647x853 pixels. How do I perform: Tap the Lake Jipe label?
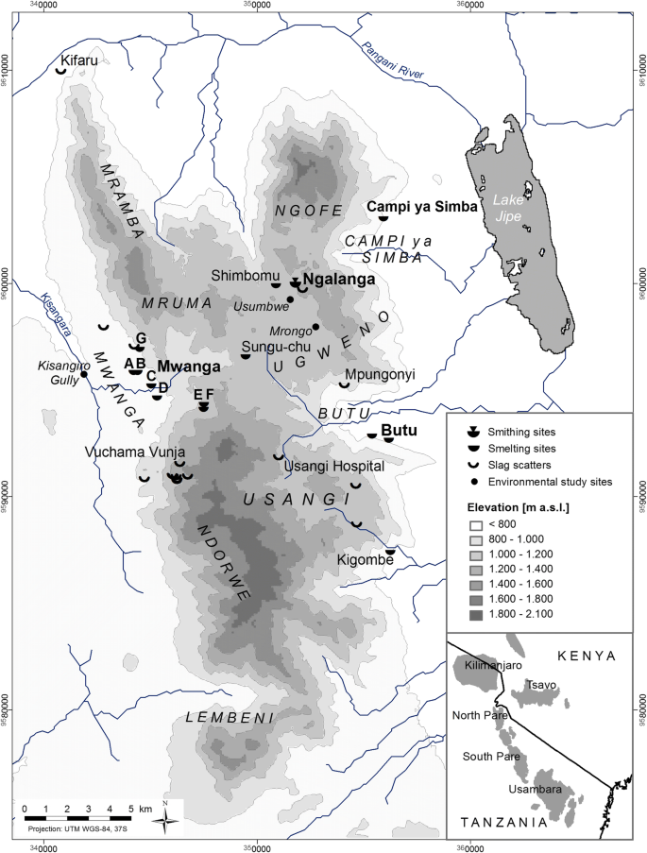509,208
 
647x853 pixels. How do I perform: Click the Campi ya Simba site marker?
383,218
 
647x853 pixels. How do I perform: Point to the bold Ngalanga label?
340,280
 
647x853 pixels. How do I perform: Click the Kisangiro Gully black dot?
84,374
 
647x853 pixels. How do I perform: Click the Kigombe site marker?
390,551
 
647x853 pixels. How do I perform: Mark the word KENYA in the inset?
587,655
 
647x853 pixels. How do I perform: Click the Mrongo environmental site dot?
315,327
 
